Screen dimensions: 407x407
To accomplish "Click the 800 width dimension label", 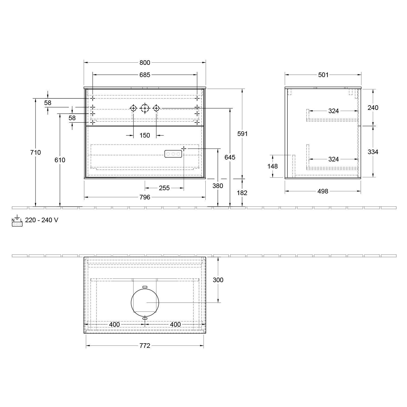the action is (x=145, y=63).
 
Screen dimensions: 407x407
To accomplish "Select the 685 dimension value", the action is (x=145, y=75).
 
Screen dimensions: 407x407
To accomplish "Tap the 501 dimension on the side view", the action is (x=323, y=75).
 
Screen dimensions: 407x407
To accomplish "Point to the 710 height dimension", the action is (x=36, y=152).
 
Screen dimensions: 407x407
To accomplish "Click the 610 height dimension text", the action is (x=60, y=160).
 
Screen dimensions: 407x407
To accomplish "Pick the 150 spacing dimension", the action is (x=145, y=135).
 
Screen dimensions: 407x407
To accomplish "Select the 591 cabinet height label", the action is (x=243, y=134).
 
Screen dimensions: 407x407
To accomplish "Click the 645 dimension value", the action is (x=230, y=157).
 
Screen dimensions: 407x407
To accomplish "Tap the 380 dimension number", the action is (x=218, y=186).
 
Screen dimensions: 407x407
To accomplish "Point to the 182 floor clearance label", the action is (x=242, y=193).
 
